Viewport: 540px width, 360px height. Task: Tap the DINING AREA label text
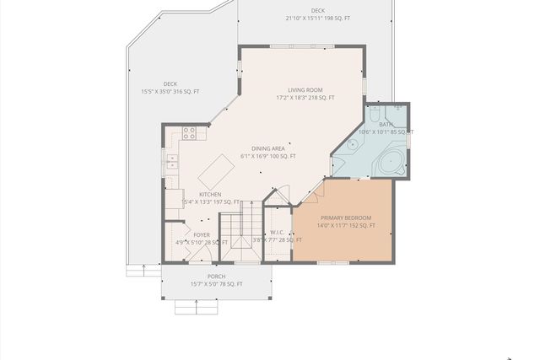click(267, 148)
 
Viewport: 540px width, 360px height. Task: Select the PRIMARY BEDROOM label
click(345, 218)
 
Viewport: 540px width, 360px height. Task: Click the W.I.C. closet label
click(276, 232)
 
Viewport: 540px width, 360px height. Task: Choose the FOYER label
click(202, 234)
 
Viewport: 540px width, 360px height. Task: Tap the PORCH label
click(216, 277)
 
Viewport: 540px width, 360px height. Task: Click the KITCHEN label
click(210, 194)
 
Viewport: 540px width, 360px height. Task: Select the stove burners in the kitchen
click(190, 132)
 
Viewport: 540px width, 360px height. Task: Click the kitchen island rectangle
click(215, 171)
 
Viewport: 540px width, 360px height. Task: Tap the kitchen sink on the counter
click(172, 160)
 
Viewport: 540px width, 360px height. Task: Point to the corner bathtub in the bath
click(390, 163)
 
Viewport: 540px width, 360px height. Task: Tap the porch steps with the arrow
click(196, 307)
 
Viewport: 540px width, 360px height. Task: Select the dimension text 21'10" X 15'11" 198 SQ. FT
click(318, 18)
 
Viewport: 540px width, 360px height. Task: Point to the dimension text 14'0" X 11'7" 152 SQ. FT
click(345, 226)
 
